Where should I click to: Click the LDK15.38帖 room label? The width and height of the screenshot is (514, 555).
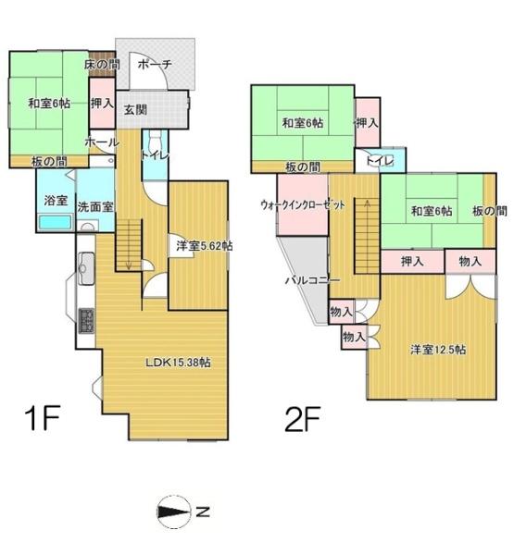pos(177,363)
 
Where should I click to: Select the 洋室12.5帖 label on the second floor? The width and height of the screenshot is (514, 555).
pos(438,350)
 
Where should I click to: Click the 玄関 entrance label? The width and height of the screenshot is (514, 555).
pos(134,109)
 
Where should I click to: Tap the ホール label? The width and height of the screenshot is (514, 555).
pos(100,143)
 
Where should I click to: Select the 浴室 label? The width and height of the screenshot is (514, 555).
pos(55,200)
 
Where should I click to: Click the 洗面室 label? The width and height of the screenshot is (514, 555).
pos(94,206)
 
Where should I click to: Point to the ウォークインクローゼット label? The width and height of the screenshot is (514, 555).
pos(302,207)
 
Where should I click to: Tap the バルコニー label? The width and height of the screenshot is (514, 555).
pos(312,279)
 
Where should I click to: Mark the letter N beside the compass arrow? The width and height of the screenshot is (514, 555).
pos(202,511)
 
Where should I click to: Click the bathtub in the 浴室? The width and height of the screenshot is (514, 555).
pos(55,225)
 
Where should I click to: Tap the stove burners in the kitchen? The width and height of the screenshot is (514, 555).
pos(86,321)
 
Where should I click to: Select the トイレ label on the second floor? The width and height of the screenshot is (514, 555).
pos(381,161)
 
